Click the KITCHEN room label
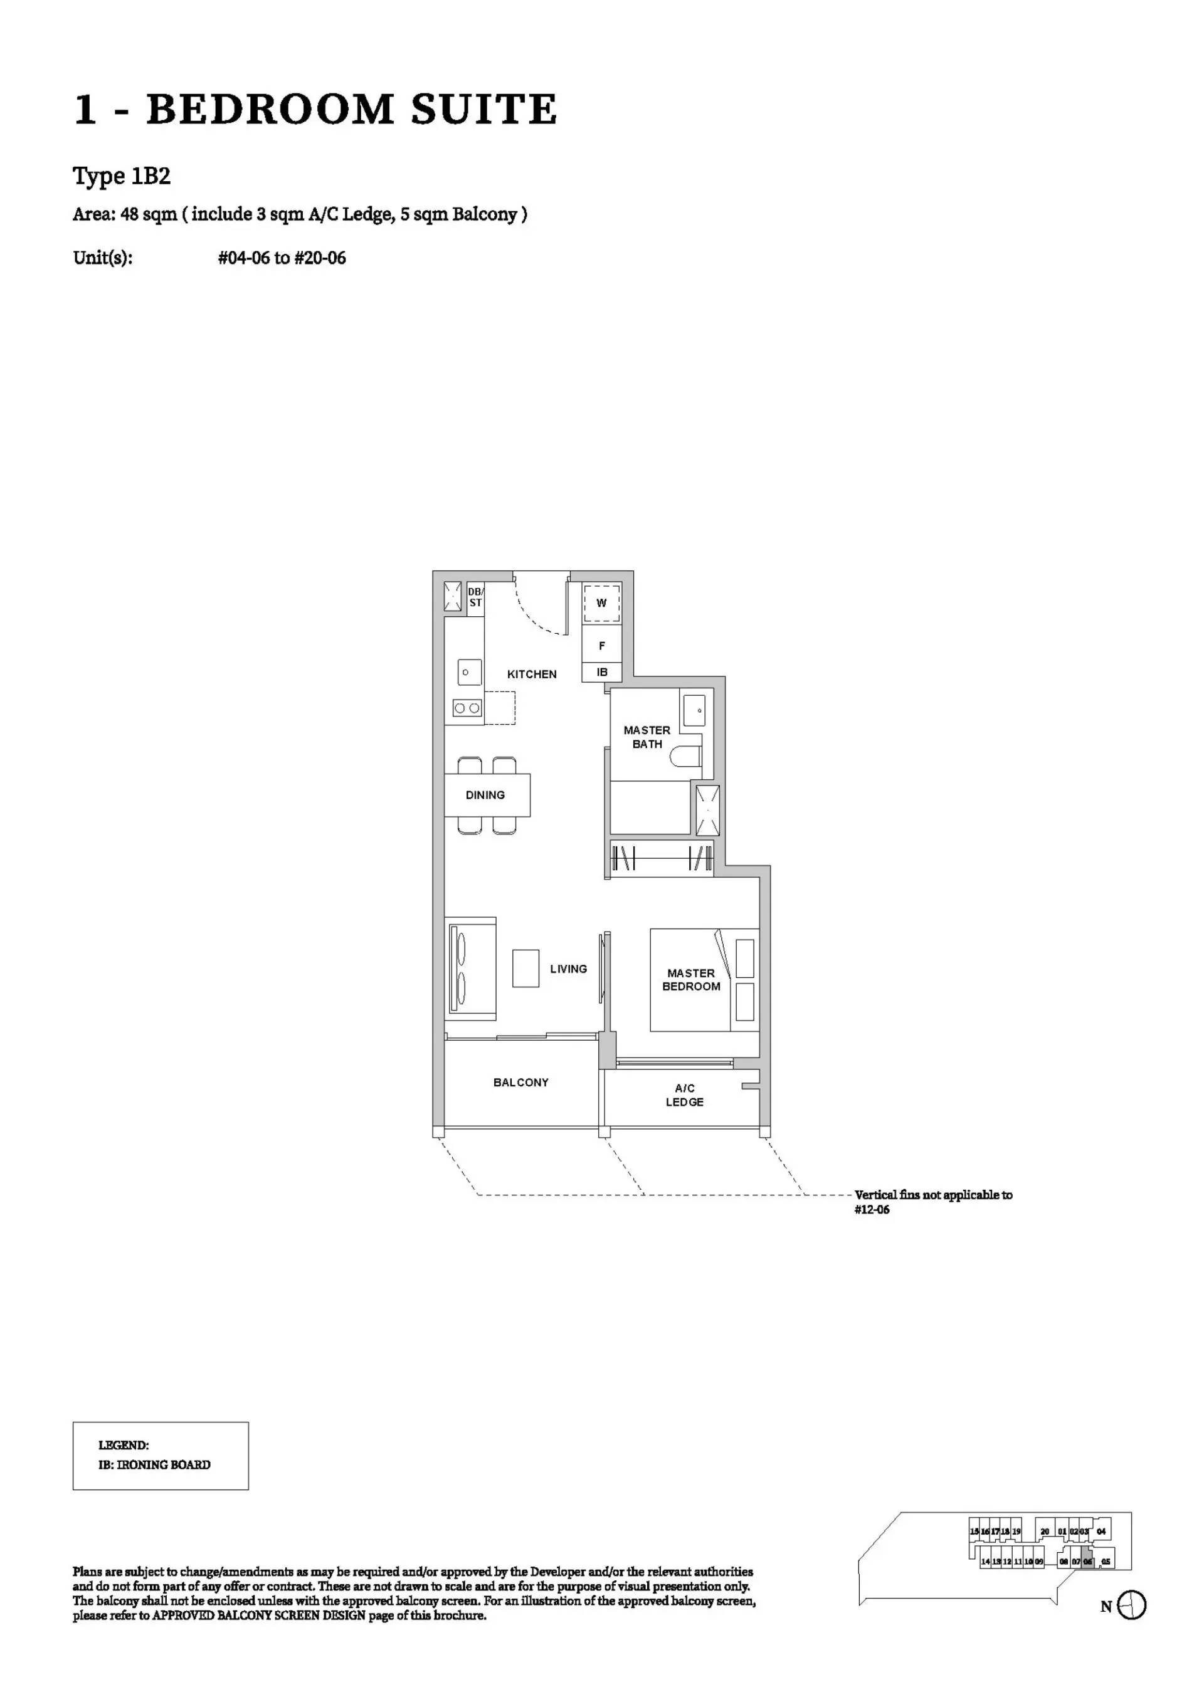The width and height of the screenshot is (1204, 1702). (532, 674)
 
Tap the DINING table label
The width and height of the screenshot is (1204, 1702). (485, 795)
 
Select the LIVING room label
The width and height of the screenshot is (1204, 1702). (568, 969)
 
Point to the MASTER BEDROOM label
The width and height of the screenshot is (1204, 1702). (691, 979)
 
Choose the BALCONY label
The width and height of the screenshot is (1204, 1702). (520, 1082)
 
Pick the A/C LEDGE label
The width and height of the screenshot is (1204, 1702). (684, 1095)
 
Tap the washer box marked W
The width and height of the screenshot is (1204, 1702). (601, 602)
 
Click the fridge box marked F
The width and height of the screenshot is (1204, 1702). (601, 646)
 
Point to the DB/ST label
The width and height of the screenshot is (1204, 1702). (475, 597)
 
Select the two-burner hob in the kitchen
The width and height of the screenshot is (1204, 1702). (467, 708)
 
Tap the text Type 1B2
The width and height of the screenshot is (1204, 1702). (122, 176)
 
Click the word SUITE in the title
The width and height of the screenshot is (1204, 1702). (483, 109)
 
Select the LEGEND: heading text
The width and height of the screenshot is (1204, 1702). (123, 1446)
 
